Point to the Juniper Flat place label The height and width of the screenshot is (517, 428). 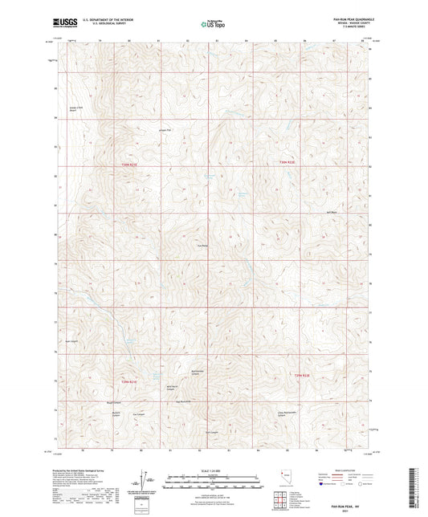click(166, 130)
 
